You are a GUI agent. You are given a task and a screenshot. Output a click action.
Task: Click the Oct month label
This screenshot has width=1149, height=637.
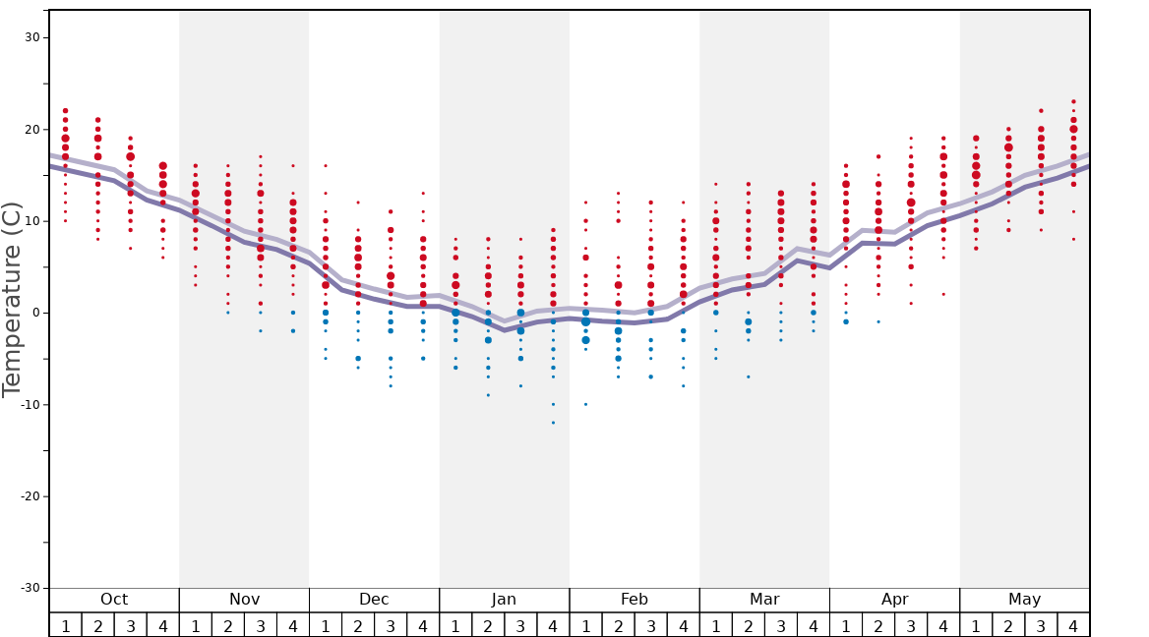(114, 600)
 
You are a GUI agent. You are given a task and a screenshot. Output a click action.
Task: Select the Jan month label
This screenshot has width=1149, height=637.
(504, 600)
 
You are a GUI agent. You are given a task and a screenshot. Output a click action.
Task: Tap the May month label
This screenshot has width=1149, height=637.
(1024, 600)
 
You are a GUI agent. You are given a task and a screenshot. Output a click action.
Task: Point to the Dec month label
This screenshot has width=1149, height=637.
(374, 600)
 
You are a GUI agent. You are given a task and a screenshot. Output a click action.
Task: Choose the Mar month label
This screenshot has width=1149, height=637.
(764, 600)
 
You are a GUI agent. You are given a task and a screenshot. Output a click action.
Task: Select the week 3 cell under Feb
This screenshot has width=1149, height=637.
(650, 625)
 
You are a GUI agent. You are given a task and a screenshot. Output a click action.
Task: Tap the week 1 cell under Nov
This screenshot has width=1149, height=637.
(196, 625)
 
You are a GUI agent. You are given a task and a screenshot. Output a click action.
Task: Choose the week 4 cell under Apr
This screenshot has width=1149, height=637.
(943, 625)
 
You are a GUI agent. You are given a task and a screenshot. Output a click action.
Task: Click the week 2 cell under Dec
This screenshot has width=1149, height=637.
(358, 625)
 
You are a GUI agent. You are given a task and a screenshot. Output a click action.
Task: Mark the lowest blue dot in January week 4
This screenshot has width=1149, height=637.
(553, 423)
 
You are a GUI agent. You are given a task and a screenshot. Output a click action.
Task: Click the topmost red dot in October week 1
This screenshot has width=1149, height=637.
(66, 111)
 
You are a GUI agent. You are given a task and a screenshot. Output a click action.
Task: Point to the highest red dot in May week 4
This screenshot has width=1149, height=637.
(1073, 101)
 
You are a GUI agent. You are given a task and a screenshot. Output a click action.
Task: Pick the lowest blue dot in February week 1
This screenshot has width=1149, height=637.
(585, 404)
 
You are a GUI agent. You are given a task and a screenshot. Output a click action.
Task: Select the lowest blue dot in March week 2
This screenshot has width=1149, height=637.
(748, 376)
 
